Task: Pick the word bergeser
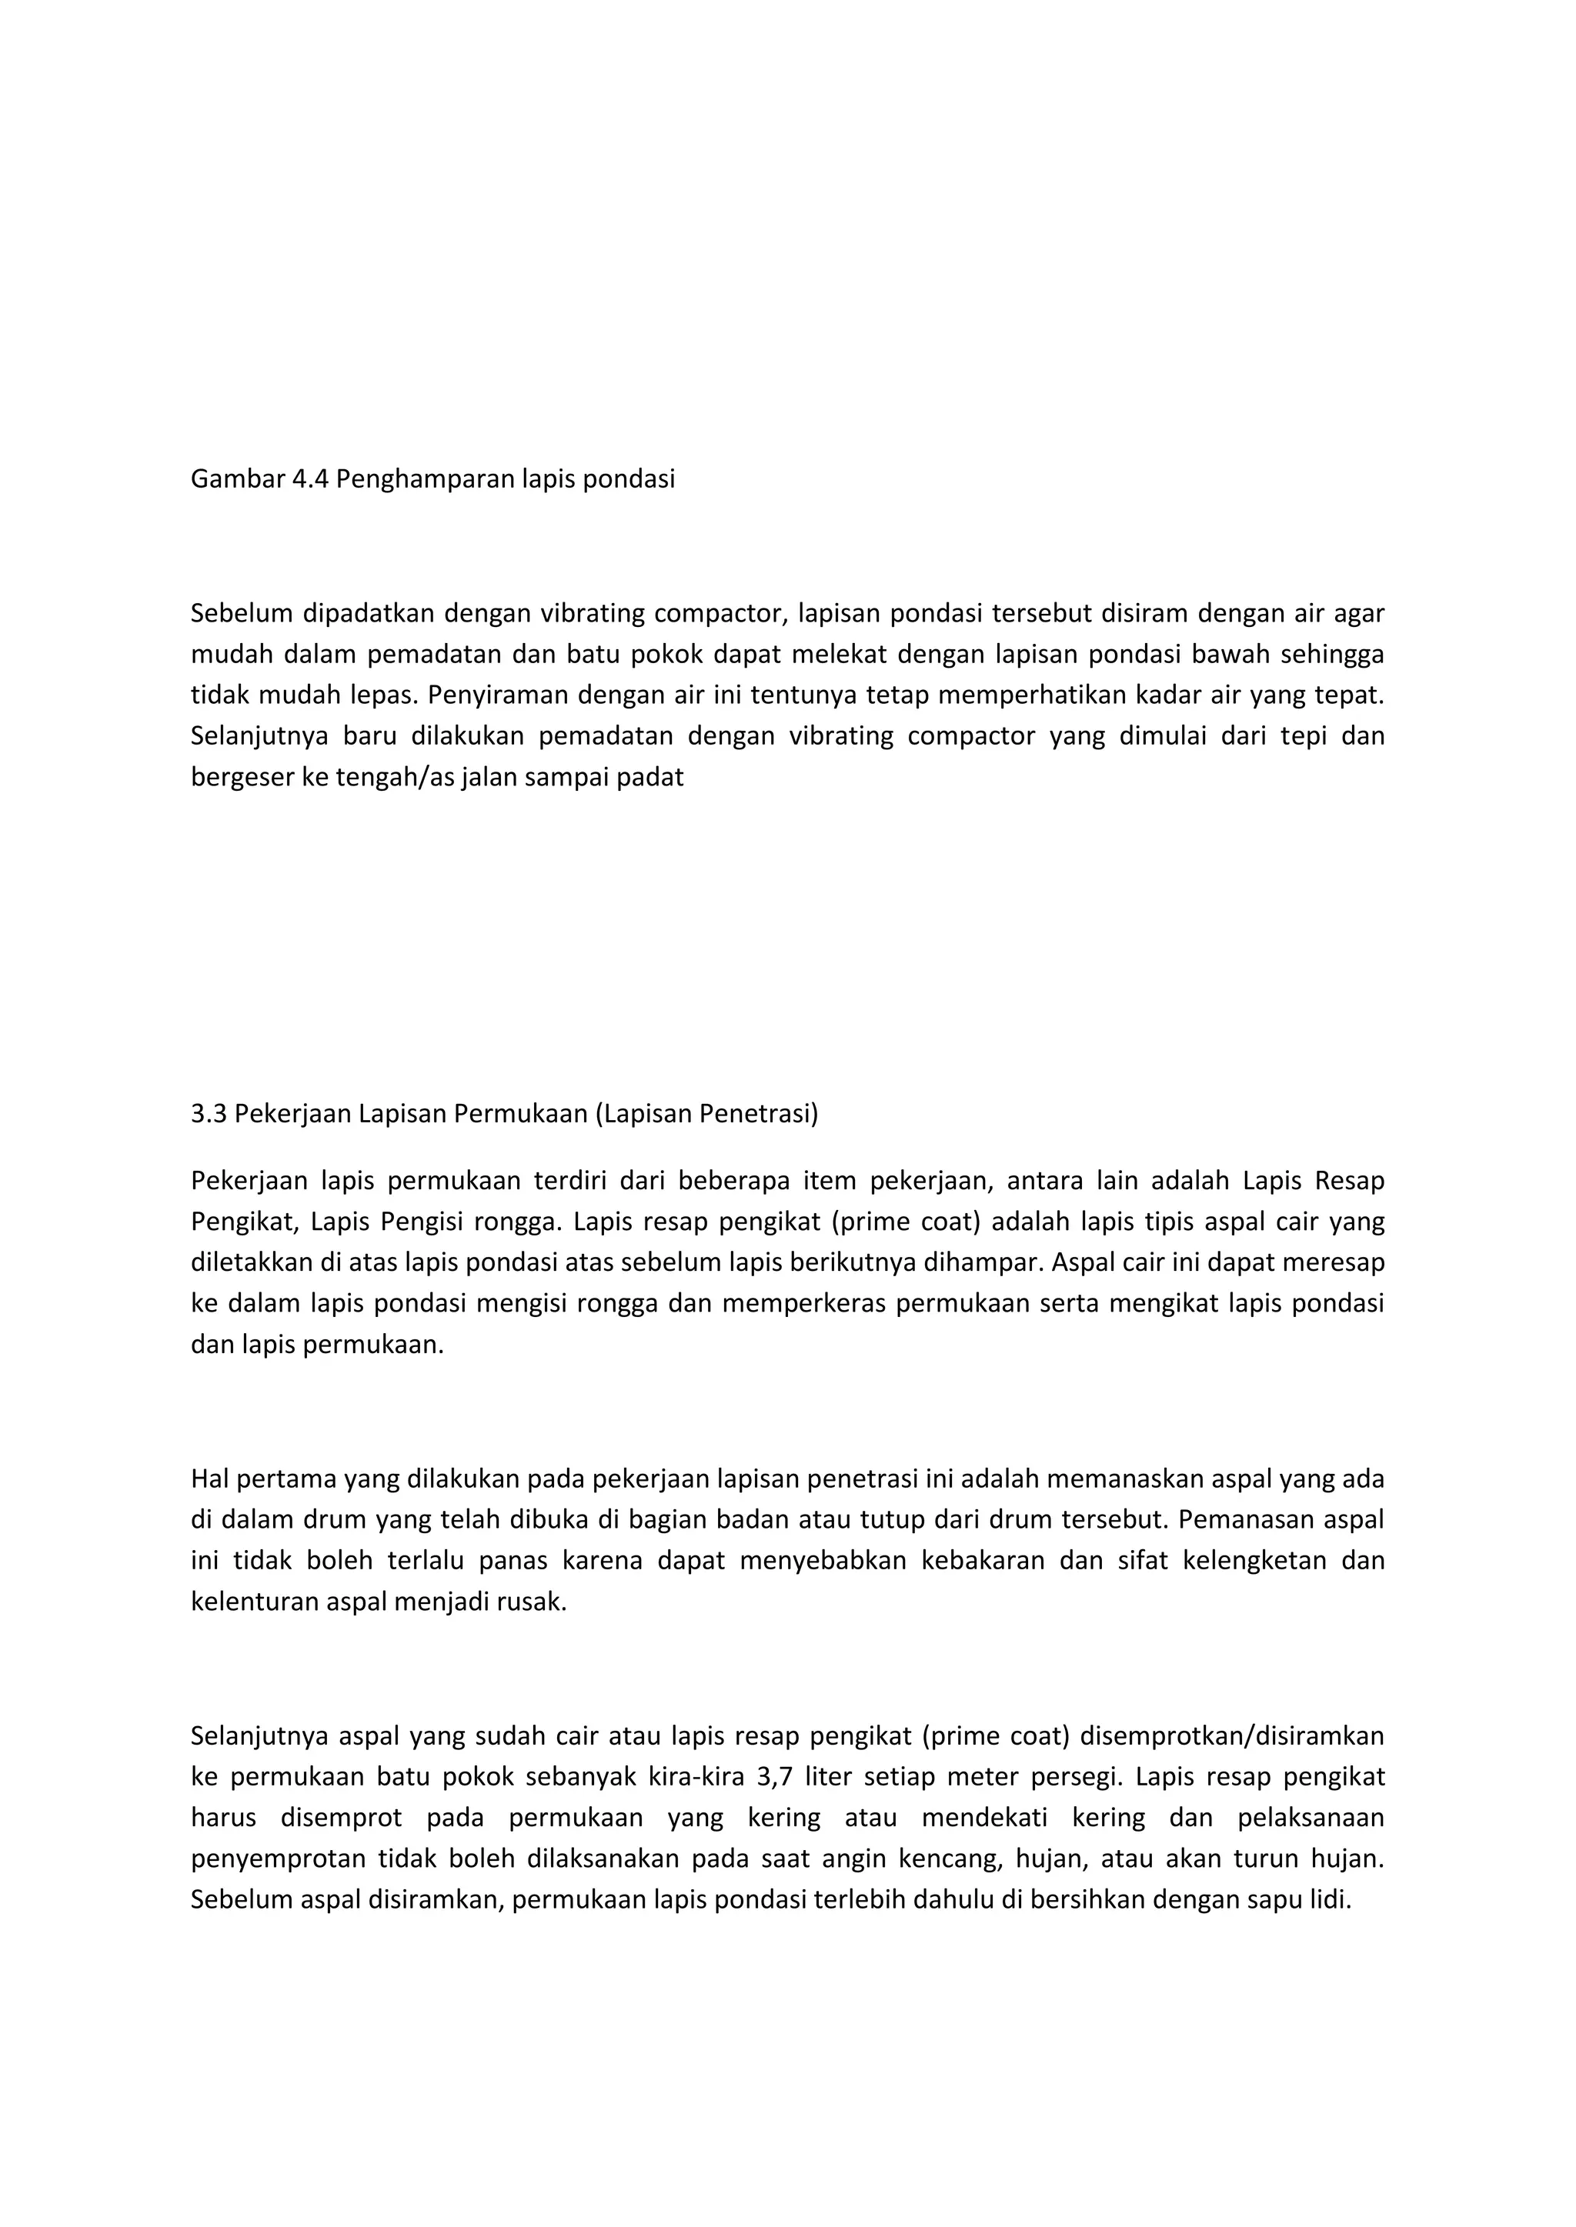click(x=230, y=777)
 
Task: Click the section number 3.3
click(x=209, y=1114)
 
